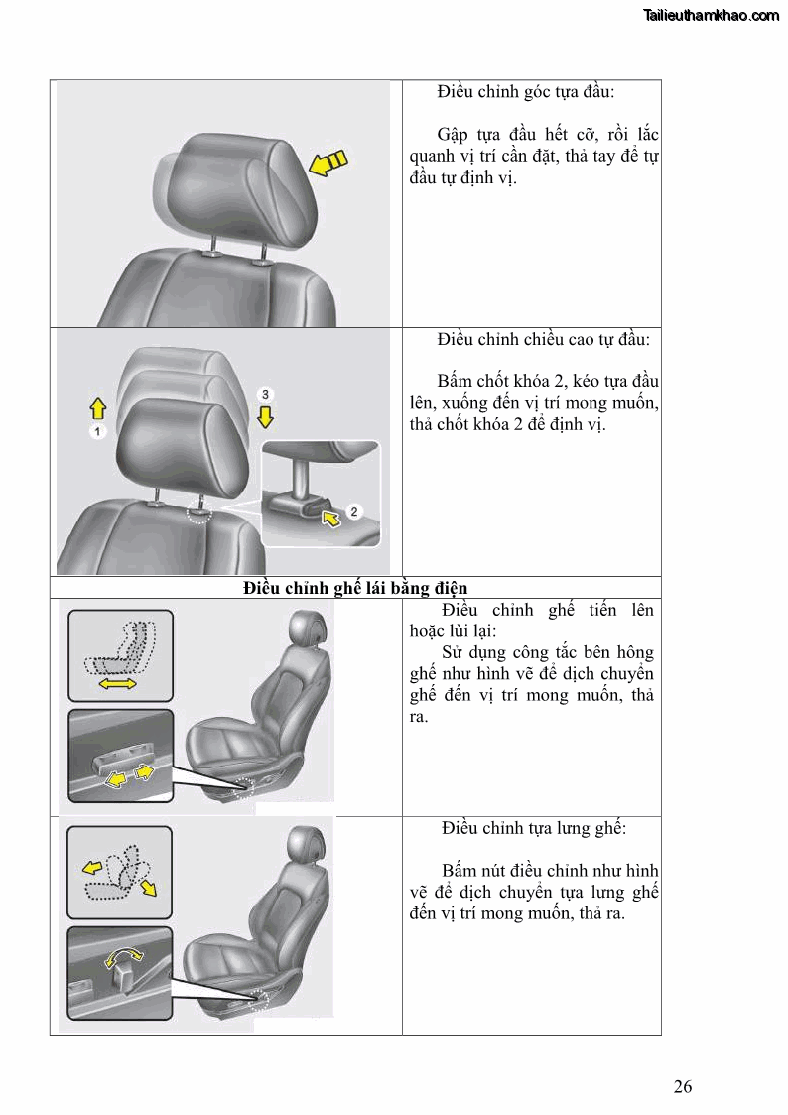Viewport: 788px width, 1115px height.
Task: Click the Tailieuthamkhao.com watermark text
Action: [711, 16]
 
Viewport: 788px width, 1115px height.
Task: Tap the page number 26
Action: [682, 1086]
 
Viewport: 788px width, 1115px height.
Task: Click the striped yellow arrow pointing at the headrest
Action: [329, 163]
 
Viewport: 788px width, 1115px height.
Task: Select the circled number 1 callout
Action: [98, 432]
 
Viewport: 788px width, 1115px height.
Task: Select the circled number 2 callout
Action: [355, 511]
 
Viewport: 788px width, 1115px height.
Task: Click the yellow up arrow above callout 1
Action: [98, 407]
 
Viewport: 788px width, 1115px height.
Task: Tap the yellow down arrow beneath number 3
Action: [264, 417]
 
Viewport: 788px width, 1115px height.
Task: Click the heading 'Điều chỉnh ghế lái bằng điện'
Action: [355, 588]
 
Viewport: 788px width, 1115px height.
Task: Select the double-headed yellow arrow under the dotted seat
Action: [119, 685]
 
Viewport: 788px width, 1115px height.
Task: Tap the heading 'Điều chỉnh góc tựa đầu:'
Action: [525, 92]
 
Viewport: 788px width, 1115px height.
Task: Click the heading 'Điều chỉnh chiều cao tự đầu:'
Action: [543, 340]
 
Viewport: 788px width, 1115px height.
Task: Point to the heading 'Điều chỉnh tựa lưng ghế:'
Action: [534, 828]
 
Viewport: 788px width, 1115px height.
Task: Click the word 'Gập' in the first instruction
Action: [454, 135]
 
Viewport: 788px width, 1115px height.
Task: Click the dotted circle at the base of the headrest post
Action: [199, 514]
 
